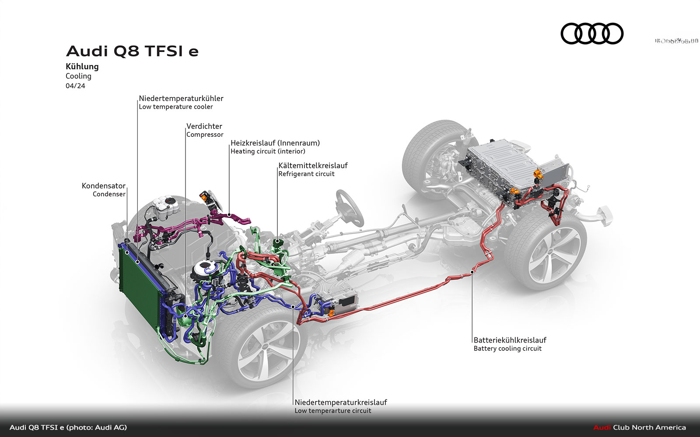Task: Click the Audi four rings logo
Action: [592, 34]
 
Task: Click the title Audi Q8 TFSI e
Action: [132, 51]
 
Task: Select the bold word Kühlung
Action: [82, 66]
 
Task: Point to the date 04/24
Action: [75, 86]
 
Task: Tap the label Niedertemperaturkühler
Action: [181, 98]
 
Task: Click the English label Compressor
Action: [205, 135]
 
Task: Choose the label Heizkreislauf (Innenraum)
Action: [275, 143]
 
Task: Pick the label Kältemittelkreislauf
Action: [313, 166]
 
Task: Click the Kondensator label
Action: [104, 186]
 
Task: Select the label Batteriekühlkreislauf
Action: [510, 340]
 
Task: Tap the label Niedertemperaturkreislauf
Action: [341, 402]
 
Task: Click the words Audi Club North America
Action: [639, 427]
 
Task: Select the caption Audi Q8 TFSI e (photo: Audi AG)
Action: [68, 427]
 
